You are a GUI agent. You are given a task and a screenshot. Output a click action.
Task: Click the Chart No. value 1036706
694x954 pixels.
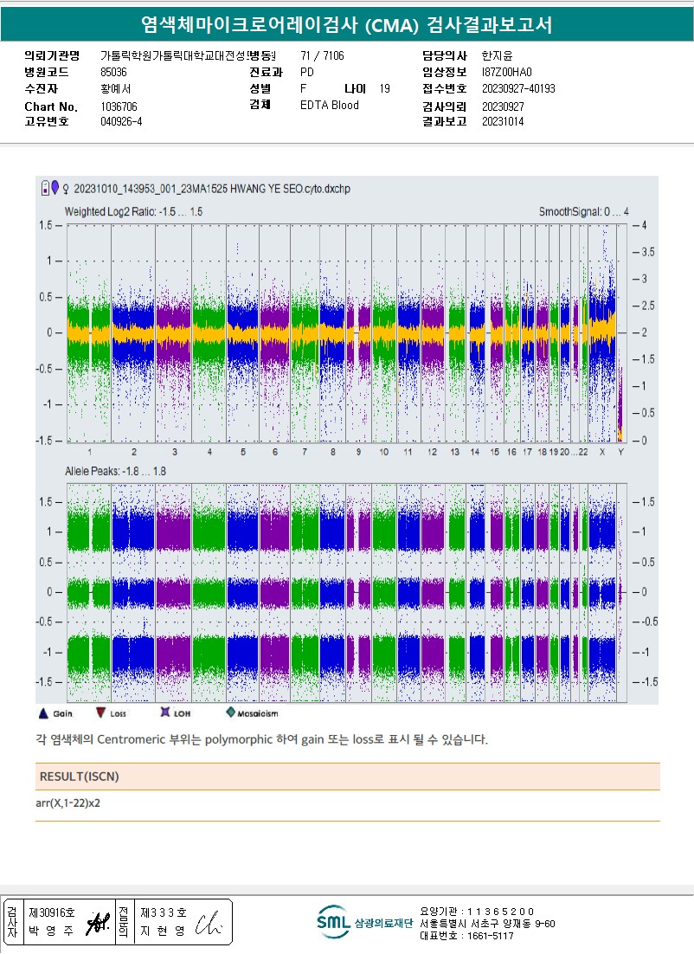coord(119,106)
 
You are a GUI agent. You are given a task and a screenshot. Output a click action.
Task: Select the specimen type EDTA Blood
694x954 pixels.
coord(329,106)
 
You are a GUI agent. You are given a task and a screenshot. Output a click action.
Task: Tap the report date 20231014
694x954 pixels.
coord(502,122)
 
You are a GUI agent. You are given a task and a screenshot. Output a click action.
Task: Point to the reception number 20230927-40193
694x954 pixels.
coord(518,89)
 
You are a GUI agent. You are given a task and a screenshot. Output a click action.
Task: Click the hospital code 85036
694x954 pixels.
coord(113,73)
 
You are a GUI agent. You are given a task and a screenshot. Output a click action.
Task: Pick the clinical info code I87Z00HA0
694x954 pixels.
coord(507,73)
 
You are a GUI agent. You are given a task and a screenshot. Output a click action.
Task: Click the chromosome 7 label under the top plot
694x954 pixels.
coord(304,453)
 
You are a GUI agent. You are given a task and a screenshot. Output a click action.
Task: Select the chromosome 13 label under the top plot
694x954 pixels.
coord(455,453)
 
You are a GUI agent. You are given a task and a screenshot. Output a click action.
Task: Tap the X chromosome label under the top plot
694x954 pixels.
coord(602,453)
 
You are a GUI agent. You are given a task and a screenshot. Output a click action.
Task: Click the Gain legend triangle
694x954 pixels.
coord(43,713)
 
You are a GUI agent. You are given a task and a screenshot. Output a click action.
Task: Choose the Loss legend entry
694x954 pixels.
coord(102,713)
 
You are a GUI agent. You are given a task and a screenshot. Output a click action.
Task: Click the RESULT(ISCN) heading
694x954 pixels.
coord(79,777)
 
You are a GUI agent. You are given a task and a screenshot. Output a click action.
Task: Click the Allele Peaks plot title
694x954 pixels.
coord(115,471)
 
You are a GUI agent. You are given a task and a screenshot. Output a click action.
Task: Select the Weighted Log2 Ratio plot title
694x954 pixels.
coord(134,212)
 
